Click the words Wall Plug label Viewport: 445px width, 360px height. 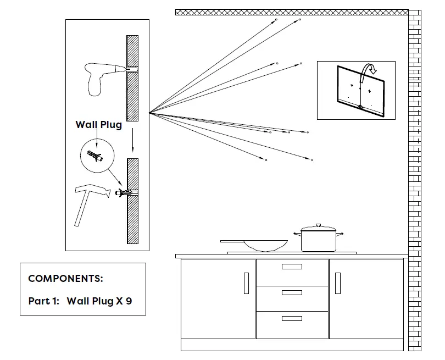coord(98,125)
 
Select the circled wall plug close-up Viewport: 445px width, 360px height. coord(99,155)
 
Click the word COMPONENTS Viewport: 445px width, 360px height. coord(65,279)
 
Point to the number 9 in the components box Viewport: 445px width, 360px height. coord(129,301)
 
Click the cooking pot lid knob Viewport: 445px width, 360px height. coord(318,225)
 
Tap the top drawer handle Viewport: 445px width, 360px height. coord(292,267)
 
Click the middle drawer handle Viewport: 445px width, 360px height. coord(292,293)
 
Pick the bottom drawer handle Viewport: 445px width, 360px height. coord(292,318)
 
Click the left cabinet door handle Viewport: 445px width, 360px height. coord(246,283)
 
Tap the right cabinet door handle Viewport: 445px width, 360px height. coord(337,283)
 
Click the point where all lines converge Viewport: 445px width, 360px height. coord(149,113)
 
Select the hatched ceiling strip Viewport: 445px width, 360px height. coord(291,12)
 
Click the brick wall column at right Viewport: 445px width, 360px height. coord(414,181)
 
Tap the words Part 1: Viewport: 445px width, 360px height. coord(43,301)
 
